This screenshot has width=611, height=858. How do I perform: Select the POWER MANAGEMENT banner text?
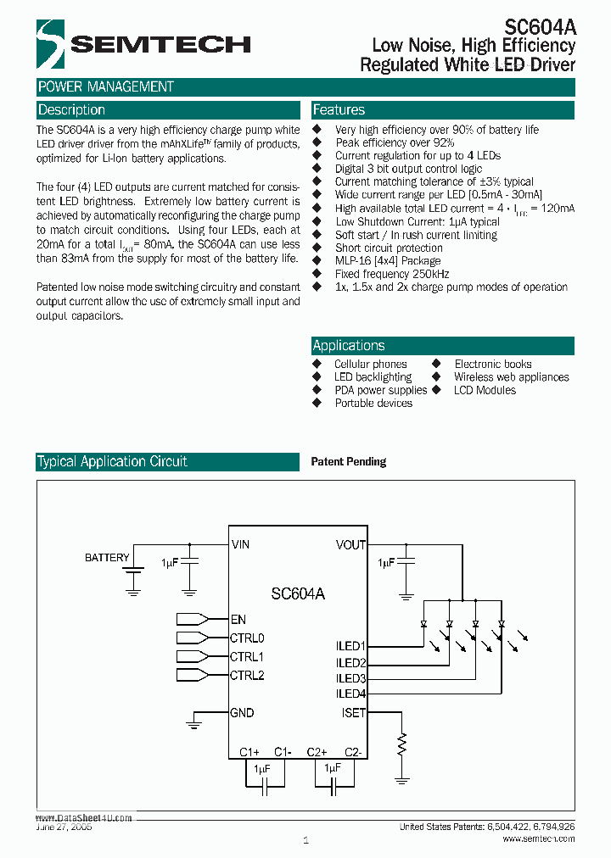(x=106, y=86)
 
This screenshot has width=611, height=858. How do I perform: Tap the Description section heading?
(x=72, y=110)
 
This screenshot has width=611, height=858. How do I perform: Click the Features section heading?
(x=339, y=110)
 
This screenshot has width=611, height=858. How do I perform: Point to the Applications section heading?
(x=349, y=346)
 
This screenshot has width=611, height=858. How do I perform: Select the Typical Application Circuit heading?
(x=112, y=462)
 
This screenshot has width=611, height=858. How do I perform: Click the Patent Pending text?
(x=349, y=462)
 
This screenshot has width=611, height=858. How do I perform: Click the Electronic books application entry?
(x=493, y=364)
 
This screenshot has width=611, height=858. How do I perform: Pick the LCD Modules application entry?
(x=485, y=390)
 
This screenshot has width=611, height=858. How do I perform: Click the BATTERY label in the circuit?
(x=107, y=557)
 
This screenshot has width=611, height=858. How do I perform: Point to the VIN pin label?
(x=240, y=545)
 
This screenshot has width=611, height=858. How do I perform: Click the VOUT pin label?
(x=350, y=545)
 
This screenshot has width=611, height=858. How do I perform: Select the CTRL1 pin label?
(x=247, y=656)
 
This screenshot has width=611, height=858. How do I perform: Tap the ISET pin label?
(x=353, y=713)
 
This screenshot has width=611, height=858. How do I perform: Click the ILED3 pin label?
(x=350, y=678)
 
